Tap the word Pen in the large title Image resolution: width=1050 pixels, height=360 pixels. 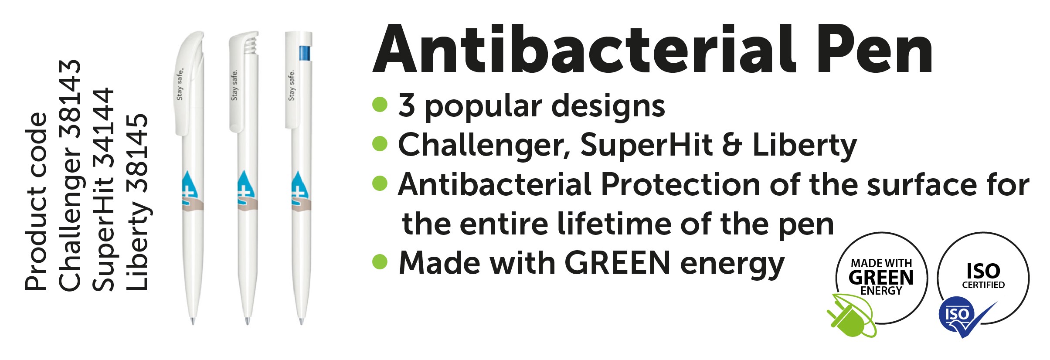click(874, 49)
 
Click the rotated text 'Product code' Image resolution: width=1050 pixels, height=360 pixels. click(36, 201)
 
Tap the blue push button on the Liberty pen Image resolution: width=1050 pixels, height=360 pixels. click(305, 53)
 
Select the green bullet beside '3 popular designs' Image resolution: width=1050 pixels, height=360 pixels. click(380, 105)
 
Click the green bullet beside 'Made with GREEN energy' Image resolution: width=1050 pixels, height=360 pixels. click(380, 262)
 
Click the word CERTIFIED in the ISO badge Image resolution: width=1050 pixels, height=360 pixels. click(983, 285)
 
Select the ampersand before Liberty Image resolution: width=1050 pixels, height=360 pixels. click(733, 145)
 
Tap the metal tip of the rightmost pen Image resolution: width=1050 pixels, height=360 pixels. click(301, 322)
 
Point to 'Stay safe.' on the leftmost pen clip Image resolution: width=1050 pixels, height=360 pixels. click(180, 84)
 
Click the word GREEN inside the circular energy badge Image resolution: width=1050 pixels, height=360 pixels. click(881, 278)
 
